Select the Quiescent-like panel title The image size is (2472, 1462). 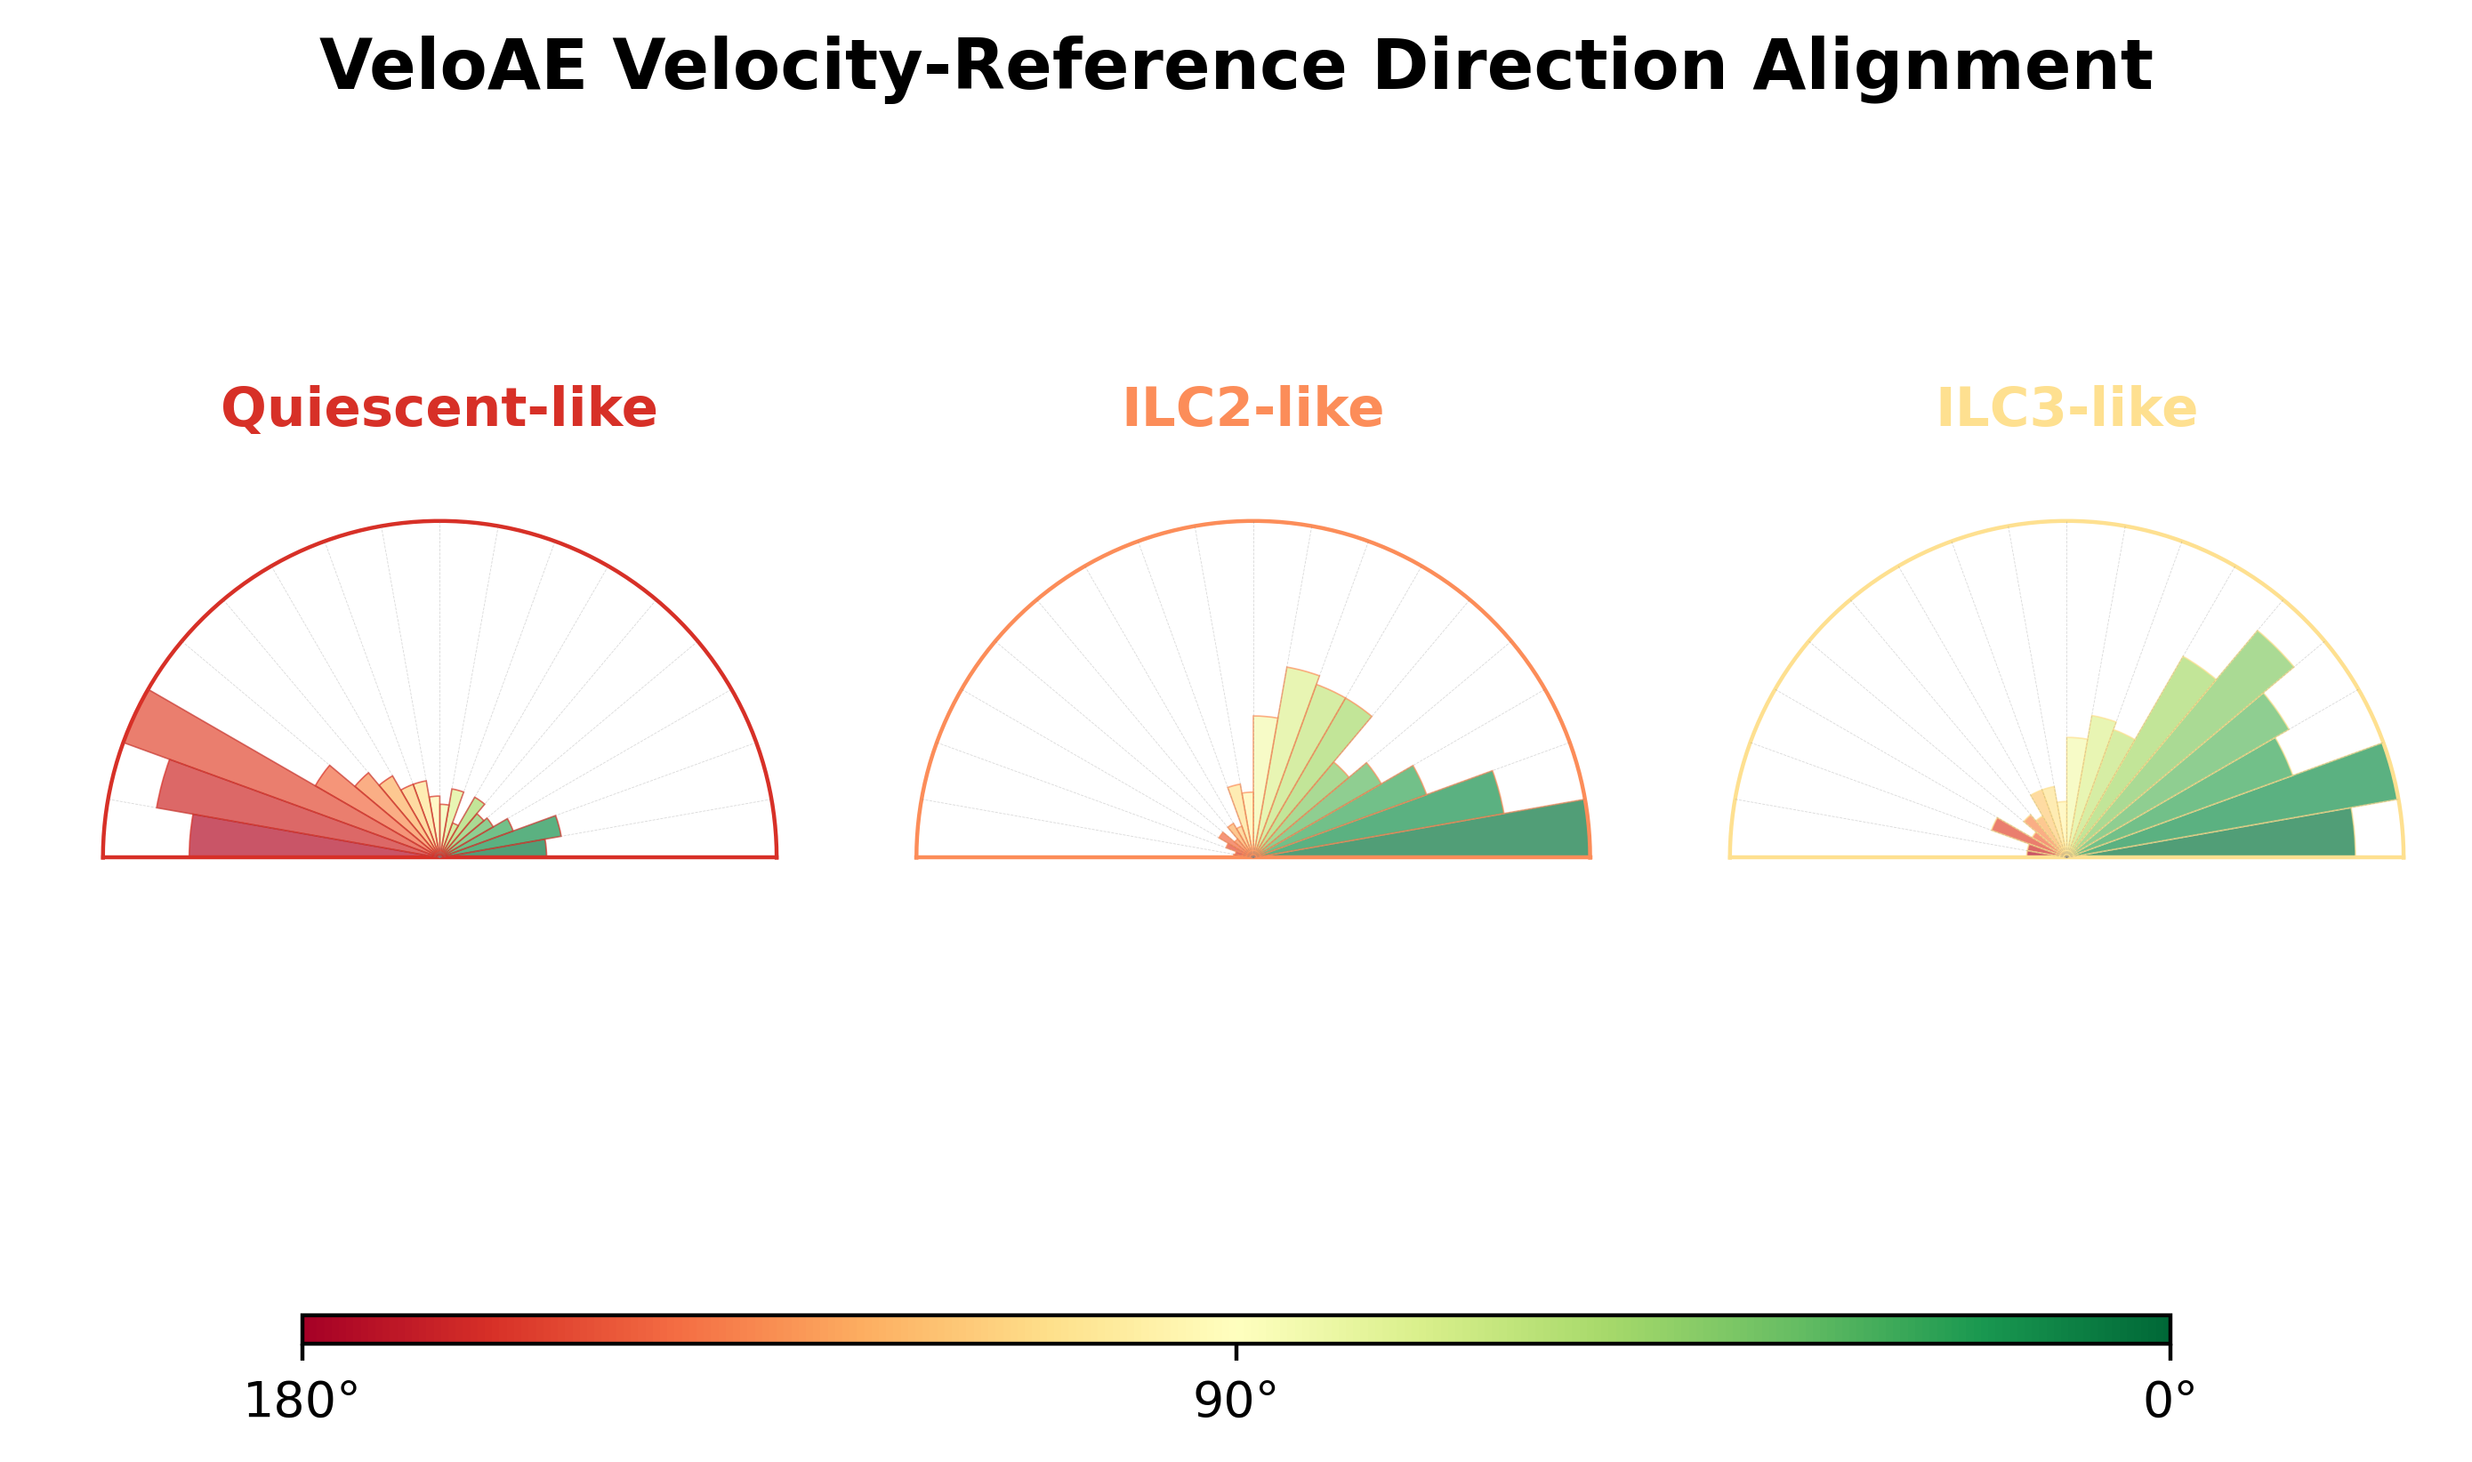tap(439, 409)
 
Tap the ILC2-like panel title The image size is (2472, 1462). tap(1252, 408)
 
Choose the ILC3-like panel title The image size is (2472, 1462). tap(2066, 408)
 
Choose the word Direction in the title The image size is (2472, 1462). tap(1550, 66)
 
